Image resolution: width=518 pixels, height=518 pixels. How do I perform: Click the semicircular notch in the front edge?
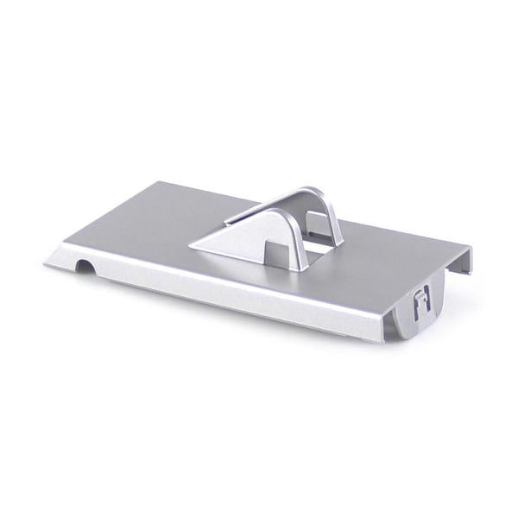(83, 266)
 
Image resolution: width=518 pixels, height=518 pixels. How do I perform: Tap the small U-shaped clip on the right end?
(420, 301)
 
